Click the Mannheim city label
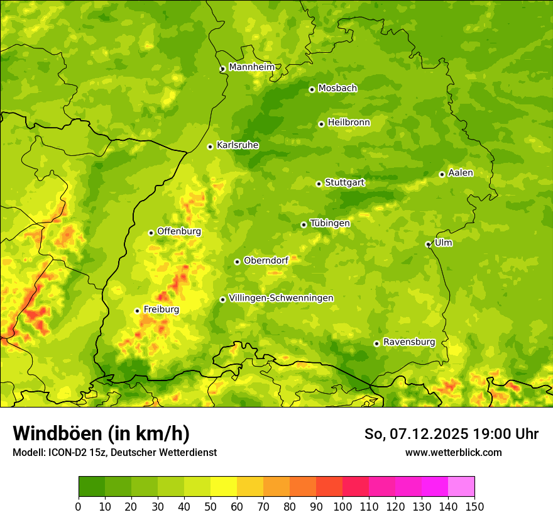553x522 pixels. pyautogui.click(x=251, y=67)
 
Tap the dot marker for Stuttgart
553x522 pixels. pyautogui.click(x=319, y=184)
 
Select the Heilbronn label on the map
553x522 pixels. pyautogui.click(x=349, y=123)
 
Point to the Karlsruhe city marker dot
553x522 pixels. pyautogui.click(x=210, y=147)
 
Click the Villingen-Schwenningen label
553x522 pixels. pyautogui.click(x=281, y=298)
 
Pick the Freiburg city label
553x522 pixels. pyautogui.click(x=161, y=309)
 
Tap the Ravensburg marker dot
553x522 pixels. pyautogui.click(x=376, y=343)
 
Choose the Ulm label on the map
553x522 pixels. pyautogui.click(x=443, y=243)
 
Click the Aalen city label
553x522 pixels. pyautogui.click(x=461, y=173)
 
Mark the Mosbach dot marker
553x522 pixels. pyautogui.click(x=312, y=89)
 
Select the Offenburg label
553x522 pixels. pyautogui.click(x=179, y=231)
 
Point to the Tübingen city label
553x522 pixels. pyautogui.click(x=330, y=223)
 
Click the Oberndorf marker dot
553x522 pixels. pyautogui.click(x=237, y=262)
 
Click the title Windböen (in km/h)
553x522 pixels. pyautogui.click(x=101, y=433)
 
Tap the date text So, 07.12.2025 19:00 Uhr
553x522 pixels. pyautogui.click(x=451, y=434)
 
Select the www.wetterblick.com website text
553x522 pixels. pyautogui.click(x=453, y=452)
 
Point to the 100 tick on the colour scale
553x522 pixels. pyautogui.click(x=342, y=506)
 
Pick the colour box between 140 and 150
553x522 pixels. pyautogui.click(x=461, y=486)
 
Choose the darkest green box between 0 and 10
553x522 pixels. pyautogui.click(x=92, y=486)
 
